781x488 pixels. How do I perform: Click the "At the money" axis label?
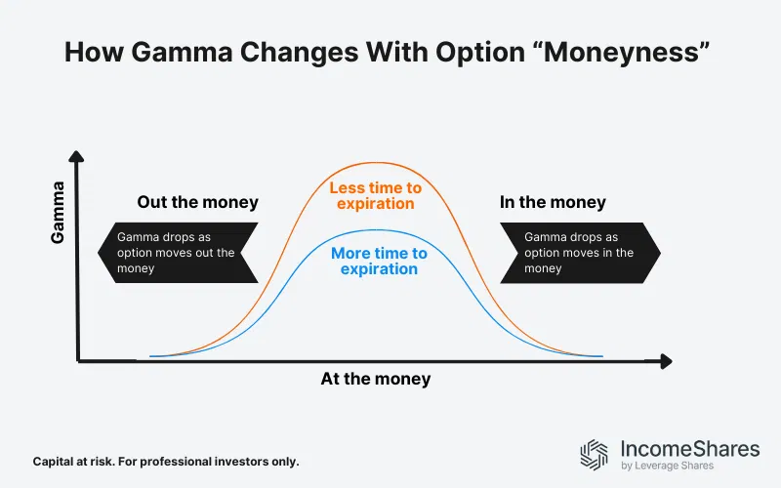tap(375, 379)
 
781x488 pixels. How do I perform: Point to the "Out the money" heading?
tap(198, 203)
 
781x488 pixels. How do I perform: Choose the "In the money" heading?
tap(553, 203)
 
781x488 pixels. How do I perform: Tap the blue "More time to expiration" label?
tap(379, 262)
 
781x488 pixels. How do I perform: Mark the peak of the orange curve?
tap(375, 162)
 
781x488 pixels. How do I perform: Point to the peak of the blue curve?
tap(375, 228)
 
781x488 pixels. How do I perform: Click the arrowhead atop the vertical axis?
tap(78, 156)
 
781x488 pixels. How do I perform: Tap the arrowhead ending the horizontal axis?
tap(667, 361)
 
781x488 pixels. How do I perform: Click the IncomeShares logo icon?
tap(595, 455)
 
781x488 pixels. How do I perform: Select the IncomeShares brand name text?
tap(689, 449)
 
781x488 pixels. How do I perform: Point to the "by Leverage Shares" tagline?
tap(668, 467)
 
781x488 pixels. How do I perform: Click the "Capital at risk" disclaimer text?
tap(165, 461)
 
